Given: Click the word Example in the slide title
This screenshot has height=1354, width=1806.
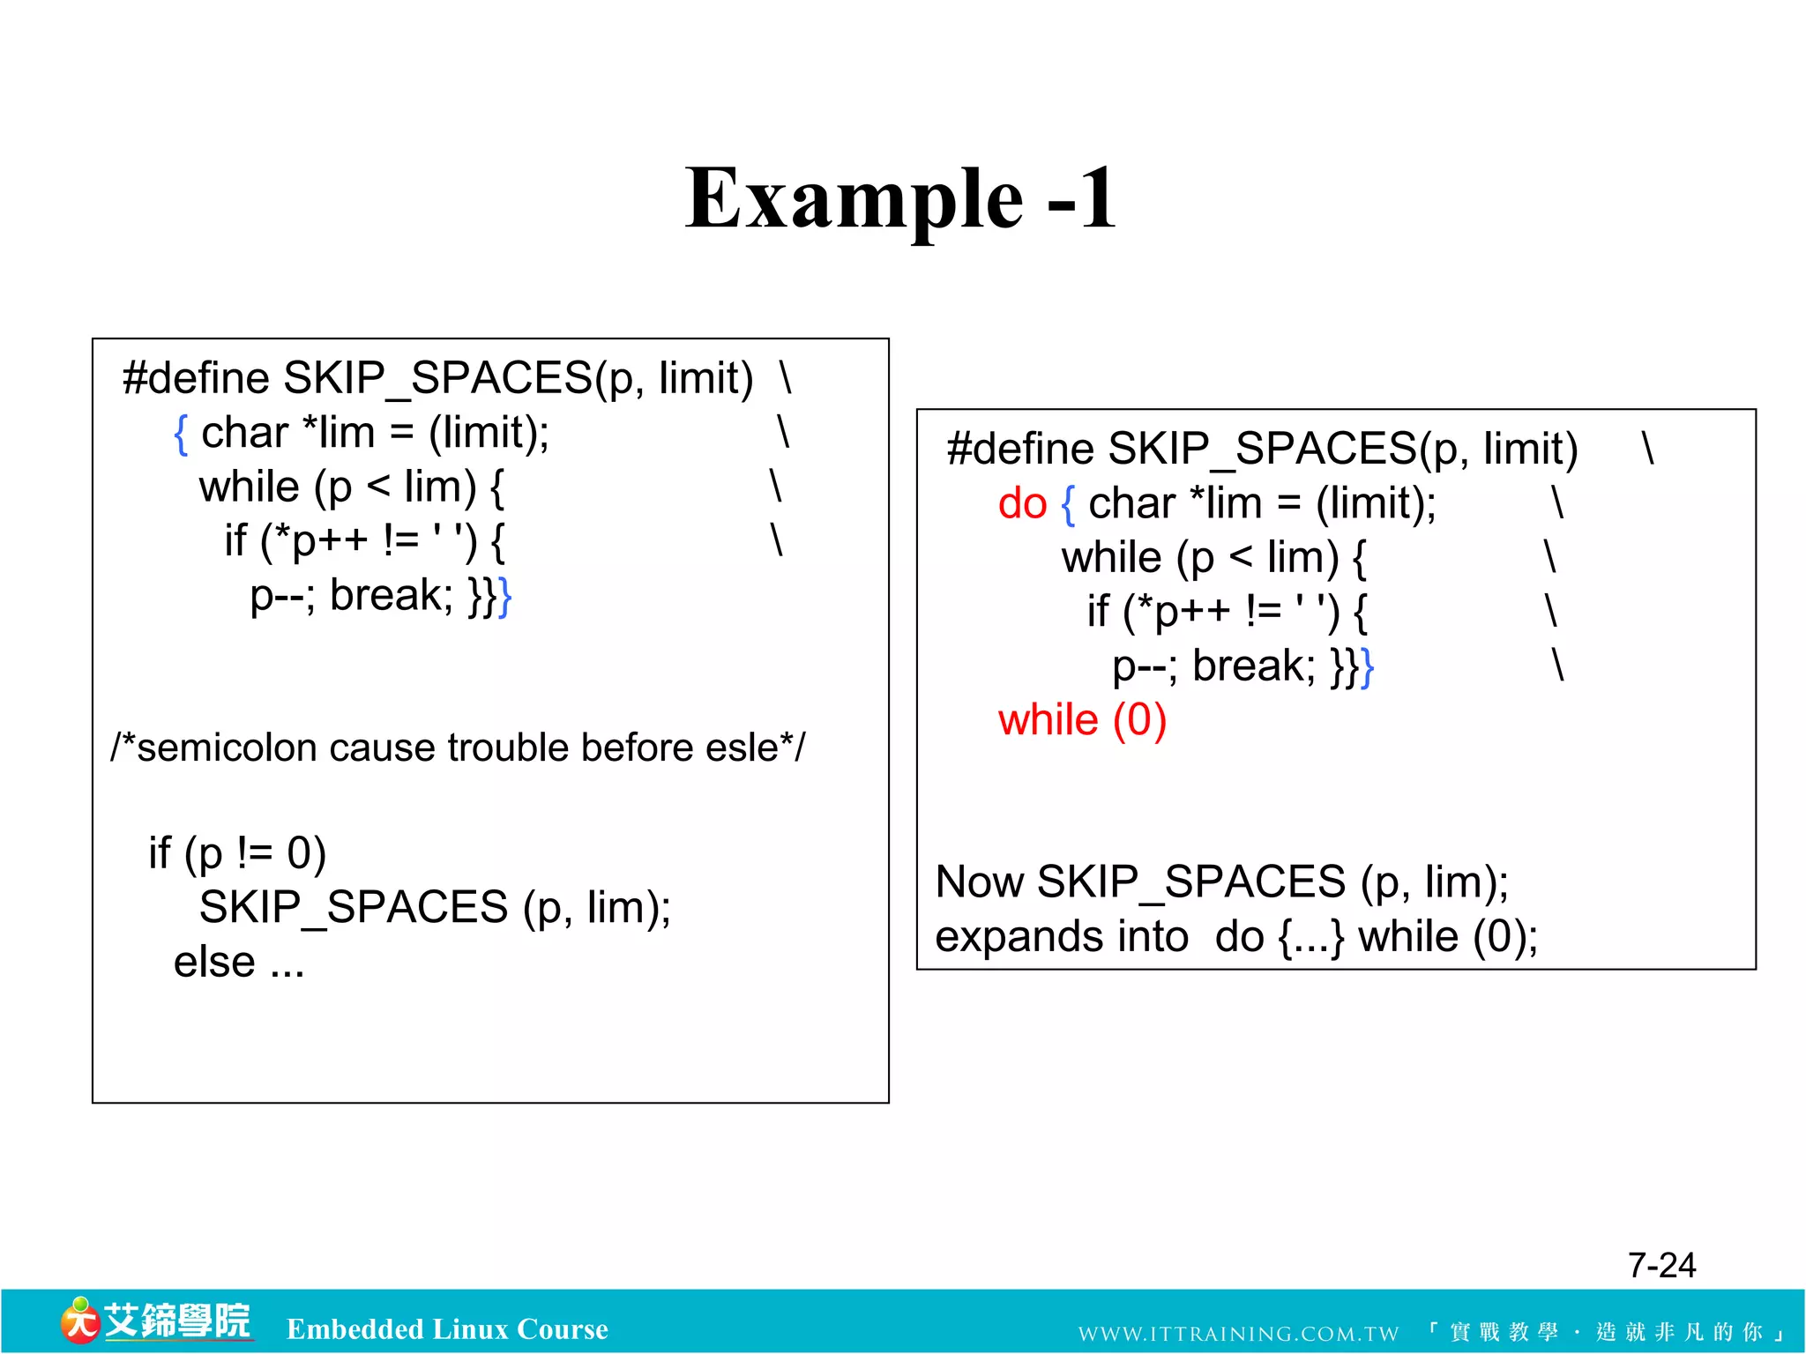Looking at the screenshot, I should pyautogui.click(x=854, y=201).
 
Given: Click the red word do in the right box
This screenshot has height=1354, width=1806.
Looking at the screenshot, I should pyautogui.click(x=1021, y=504).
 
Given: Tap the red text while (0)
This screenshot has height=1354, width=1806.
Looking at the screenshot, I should pyautogui.click(x=1082, y=720).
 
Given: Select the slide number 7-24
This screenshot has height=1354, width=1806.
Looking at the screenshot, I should pyautogui.click(x=1661, y=1265).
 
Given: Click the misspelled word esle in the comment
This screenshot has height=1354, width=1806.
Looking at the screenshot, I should pyautogui.click(x=749, y=748).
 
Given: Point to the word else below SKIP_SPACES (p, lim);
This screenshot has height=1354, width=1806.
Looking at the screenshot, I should pyautogui.click(x=214, y=962).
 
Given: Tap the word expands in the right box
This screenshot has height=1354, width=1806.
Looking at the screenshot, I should pyautogui.click(x=1062, y=936).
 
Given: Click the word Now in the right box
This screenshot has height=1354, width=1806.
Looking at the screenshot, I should pyautogui.click(x=980, y=882).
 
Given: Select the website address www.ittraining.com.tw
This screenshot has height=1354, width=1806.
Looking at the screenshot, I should pyautogui.click(x=1238, y=1333).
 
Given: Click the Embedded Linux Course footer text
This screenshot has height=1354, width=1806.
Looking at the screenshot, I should pyautogui.click(x=447, y=1329).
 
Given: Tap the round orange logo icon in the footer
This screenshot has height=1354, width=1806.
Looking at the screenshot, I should pyautogui.click(x=79, y=1322).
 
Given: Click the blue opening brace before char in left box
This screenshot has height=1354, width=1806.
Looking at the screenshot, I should pyautogui.click(x=181, y=434).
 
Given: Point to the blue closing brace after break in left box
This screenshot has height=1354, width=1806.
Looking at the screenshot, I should pyautogui.click(x=504, y=598).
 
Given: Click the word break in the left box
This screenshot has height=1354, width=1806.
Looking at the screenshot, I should pyautogui.click(x=391, y=595).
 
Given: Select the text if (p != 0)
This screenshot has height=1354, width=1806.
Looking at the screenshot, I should pyautogui.click(x=237, y=853).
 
